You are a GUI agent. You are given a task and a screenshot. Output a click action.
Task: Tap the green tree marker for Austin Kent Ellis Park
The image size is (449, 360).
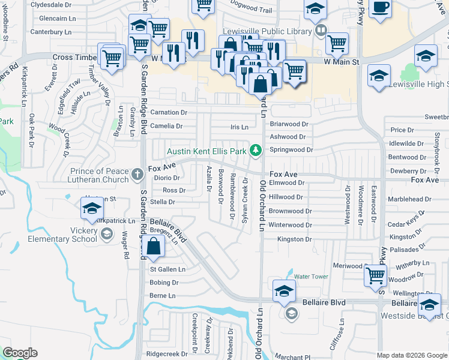256,149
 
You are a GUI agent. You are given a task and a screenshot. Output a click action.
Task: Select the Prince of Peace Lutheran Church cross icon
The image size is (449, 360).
137,175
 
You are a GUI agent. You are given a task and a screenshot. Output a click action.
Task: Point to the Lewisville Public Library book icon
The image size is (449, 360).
321,31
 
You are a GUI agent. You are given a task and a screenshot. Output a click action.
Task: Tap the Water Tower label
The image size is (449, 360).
311,276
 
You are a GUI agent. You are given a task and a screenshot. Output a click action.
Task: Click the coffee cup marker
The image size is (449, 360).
381,8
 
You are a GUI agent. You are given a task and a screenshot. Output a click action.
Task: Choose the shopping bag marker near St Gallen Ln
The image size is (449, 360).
154,246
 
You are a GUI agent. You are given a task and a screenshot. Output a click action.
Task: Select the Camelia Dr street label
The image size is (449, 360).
166,126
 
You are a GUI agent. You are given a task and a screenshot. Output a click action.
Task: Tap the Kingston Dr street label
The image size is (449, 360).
294,239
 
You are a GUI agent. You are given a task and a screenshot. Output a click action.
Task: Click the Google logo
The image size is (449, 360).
20,353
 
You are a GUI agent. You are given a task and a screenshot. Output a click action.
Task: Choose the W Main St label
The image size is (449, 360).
341,62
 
